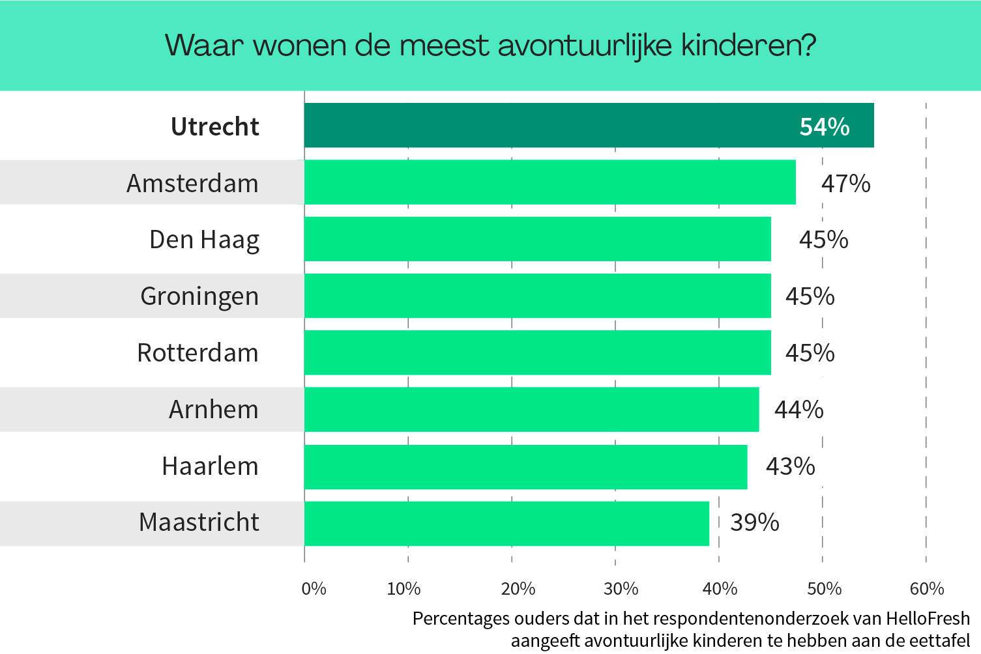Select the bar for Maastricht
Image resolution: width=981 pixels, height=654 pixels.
[506, 523]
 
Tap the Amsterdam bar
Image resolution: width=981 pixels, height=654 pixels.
[549, 182]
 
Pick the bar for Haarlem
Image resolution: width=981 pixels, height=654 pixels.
[525, 466]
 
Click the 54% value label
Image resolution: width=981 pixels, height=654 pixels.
[825, 126]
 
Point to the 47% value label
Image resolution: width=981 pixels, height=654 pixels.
[845, 184]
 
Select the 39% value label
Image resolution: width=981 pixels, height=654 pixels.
[754, 522]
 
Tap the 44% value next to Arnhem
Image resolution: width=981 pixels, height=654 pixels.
[798, 410]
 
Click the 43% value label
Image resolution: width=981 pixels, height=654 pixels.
[790, 466]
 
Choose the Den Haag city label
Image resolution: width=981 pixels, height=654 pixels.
[204, 240]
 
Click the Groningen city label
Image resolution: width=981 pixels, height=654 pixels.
[199, 296]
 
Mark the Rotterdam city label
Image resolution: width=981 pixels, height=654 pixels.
[198, 353]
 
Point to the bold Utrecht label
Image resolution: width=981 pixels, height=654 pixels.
[214, 126]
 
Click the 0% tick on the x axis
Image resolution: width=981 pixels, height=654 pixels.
[314, 589]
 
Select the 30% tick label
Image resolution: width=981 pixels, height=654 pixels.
[621, 589]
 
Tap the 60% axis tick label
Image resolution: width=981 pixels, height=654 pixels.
[926, 589]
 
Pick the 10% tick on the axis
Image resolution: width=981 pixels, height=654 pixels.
[403, 589]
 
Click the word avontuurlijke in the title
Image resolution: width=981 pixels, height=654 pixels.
[585, 46]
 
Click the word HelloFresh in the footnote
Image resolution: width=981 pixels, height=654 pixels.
[928, 618]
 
